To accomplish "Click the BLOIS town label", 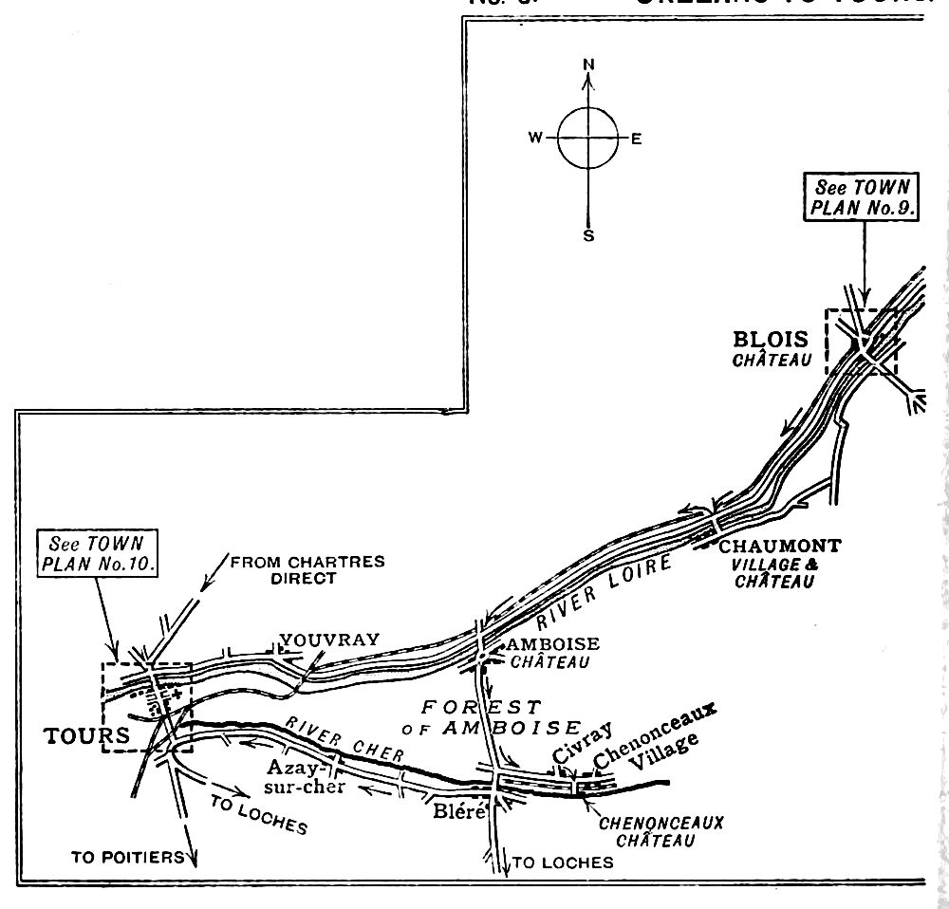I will pyautogui.click(x=770, y=340).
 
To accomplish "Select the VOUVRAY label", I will pyautogui.click(x=328, y=640).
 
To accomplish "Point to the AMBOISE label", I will pyautogui.click(x=554, y=644).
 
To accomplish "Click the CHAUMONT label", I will pyautogui.click(x=779, y=547).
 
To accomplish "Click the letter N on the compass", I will pyautogui.click(x=588, y=65).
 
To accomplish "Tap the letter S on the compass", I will pyautogui.click(x=588, y=235).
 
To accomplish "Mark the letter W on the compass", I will pyautogui.click(x=535, y=139).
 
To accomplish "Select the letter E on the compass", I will pyautogui.click(x=637, y=139).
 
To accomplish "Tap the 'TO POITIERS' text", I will pyautogui.click(x=127, y=857).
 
